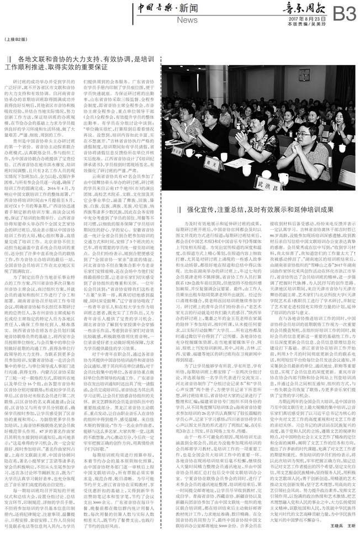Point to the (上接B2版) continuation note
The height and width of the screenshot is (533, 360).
[15, 40]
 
